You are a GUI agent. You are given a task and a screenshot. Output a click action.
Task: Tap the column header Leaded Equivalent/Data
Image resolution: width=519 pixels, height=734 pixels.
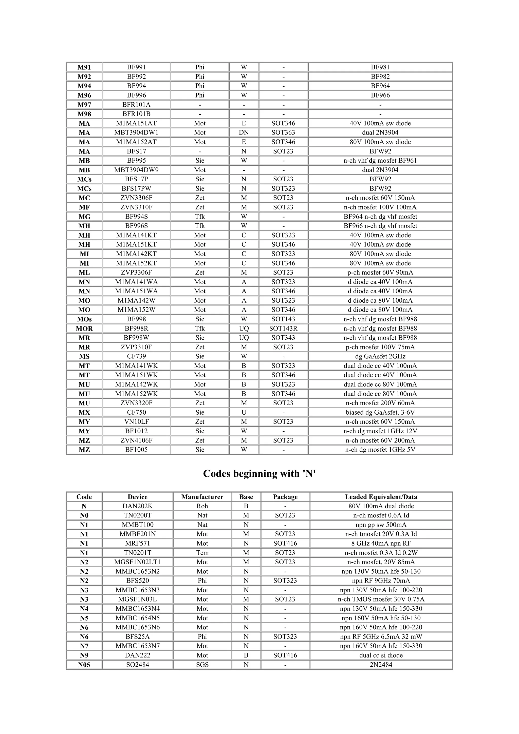tap(381, 497)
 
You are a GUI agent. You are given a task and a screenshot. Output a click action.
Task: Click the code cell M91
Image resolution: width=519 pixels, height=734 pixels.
tap(84, 67)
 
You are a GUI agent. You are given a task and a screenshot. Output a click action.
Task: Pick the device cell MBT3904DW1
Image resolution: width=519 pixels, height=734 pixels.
tap(137, 132)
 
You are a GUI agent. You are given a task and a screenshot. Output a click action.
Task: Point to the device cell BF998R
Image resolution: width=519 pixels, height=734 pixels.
tap(137, 328)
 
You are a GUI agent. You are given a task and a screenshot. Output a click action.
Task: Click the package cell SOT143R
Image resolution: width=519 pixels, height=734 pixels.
tap(283, 328)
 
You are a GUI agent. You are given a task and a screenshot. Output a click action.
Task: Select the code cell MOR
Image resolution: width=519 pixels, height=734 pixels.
tap(84, 328)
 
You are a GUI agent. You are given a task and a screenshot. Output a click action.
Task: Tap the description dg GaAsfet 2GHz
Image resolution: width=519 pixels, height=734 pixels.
tap(380, 356)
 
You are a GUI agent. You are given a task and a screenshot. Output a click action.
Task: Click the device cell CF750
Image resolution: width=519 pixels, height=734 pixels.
tap(137, 412)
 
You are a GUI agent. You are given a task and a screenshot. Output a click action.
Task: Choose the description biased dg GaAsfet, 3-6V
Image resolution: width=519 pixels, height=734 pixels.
tap(380, 412)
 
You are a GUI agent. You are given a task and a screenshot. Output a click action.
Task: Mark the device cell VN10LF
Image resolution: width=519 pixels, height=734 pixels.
tap(137, 422)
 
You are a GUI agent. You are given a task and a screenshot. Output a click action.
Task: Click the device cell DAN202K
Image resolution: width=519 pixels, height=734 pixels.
tap(138, 506)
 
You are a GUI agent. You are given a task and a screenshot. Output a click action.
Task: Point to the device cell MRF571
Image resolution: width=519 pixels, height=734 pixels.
tap(138, 544)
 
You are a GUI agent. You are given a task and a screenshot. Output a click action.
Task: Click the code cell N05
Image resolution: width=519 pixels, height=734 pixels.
tap(84, 665)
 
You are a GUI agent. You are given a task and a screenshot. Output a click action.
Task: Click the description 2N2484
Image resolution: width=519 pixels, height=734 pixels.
tap(381, 665)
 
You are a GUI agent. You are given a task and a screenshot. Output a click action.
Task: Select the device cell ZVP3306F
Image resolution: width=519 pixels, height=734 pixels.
tap(137, 272)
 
